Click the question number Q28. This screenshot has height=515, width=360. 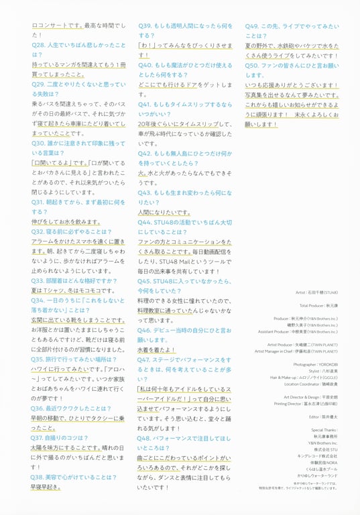coord(38,45)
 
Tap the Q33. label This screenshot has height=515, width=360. coord(38,281)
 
